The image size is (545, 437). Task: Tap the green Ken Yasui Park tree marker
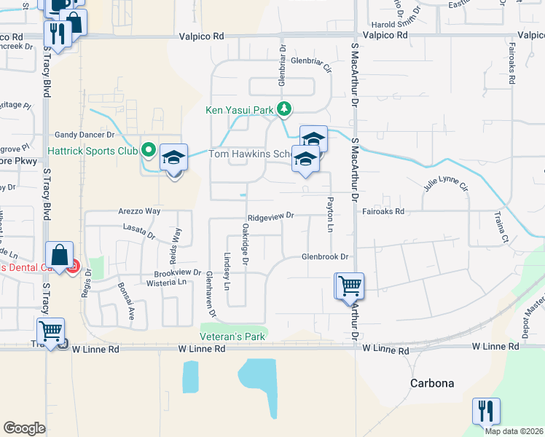point(284,110)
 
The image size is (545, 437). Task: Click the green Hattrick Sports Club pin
point(149,151)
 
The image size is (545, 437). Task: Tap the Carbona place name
point(432,383)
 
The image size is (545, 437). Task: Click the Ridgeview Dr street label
point(270,216)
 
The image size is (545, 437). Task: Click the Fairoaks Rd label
point(383,212)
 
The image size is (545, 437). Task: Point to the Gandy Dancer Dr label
point(85,135)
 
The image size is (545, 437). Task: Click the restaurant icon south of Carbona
point(486,411)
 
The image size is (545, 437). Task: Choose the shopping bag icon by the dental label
point(61,256)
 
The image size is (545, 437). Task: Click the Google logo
point(25,428)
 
